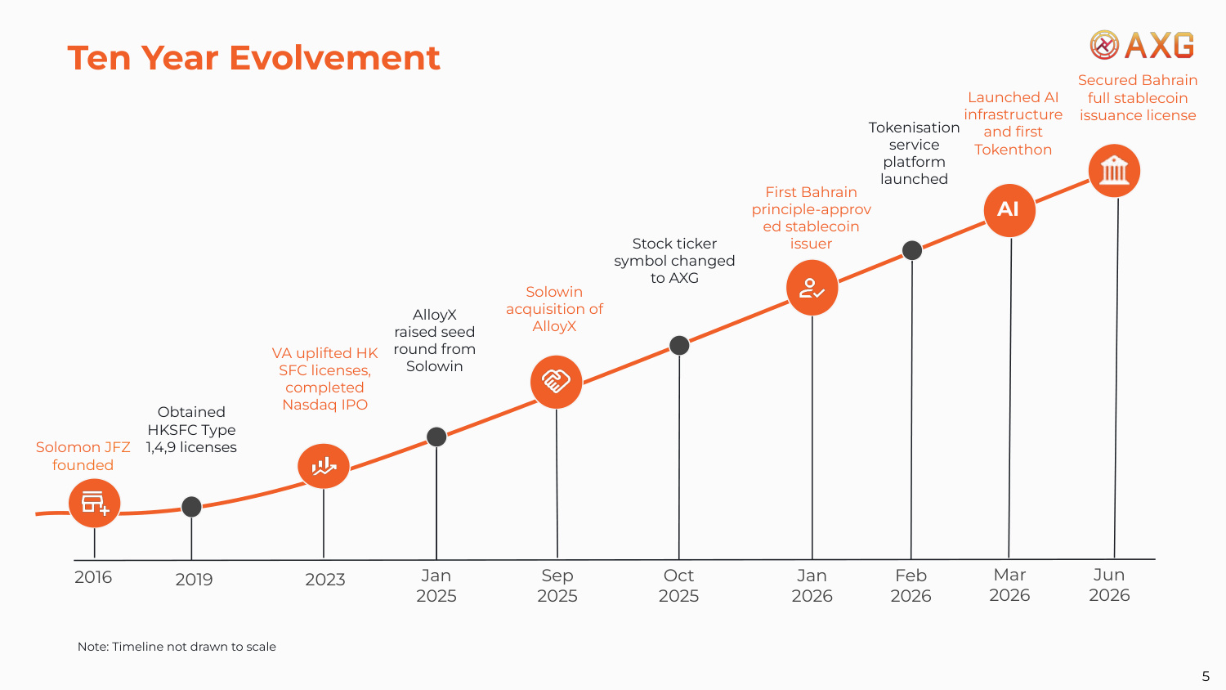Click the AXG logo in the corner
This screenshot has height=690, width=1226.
[x=1142, y=45]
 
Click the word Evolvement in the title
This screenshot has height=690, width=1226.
[x=334, y=57]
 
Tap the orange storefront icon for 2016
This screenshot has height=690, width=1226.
[x=94, y=504]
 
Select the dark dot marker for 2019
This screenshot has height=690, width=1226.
[x=191, y=507]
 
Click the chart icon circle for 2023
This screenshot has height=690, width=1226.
[x=324, y=466]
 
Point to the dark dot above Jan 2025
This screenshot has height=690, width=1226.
[x=436, y=437]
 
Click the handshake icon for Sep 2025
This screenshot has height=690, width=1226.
[x=556, y=382]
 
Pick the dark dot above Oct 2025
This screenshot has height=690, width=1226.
[x=679, y=346]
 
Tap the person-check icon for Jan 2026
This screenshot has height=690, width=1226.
[x=812, y=288]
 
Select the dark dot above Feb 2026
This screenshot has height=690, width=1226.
[x=912, y=250]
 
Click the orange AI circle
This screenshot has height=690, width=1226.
[x=1009, y=210]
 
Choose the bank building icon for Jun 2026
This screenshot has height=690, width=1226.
[x=1114, y=171]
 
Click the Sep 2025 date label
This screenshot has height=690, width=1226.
[x=557, y=585]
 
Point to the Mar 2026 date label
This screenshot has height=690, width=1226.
[x=1009, y=585]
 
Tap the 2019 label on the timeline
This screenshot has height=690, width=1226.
[x=194, y=580]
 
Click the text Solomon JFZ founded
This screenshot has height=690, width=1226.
[x=83, y=456]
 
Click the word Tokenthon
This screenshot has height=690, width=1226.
[x=1013, y=150]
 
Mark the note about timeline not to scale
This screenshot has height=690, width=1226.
[x=177, y=647]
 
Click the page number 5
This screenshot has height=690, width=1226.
[x=1206, y=676]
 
